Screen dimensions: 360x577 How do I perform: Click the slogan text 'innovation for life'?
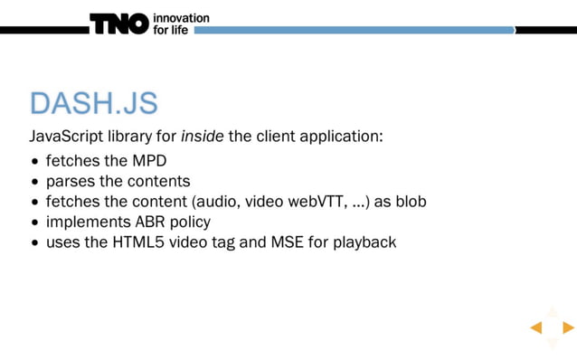click(x=181, y=24)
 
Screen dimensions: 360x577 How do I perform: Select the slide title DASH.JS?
click(x=93, y=103)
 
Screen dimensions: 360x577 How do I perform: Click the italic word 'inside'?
click(x=201, y=137)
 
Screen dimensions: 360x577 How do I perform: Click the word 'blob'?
click(x=409, y=201)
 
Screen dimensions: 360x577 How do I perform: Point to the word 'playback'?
click(x=366, y=242)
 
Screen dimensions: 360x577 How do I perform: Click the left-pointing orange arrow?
click(x=535, y=327)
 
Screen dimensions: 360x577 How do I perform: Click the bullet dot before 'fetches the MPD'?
click(x=34, y=161)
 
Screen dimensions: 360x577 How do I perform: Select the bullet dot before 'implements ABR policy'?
click(x=34, y=223)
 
